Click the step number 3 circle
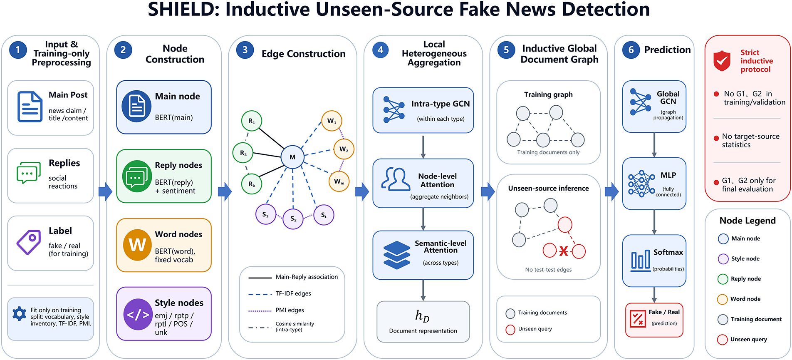[245, 50]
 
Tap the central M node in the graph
[292, 157]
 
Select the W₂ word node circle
[344, 149]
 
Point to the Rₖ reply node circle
[252, 184]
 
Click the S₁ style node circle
[265, 215]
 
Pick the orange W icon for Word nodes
[137, 245]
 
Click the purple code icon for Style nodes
[138, 314]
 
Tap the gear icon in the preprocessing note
[20, 313]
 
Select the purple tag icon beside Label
[28, 242]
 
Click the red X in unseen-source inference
[564, 251]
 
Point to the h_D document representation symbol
[422, 316]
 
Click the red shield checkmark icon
[722, 61]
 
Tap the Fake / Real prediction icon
[637, 318]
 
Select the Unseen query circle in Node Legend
[723, 340]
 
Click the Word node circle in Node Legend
[723, 299]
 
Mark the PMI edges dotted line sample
[260, 310]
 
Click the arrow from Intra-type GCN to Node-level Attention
[423, 146]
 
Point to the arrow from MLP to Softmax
[654, 222]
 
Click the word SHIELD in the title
[183, 10]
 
